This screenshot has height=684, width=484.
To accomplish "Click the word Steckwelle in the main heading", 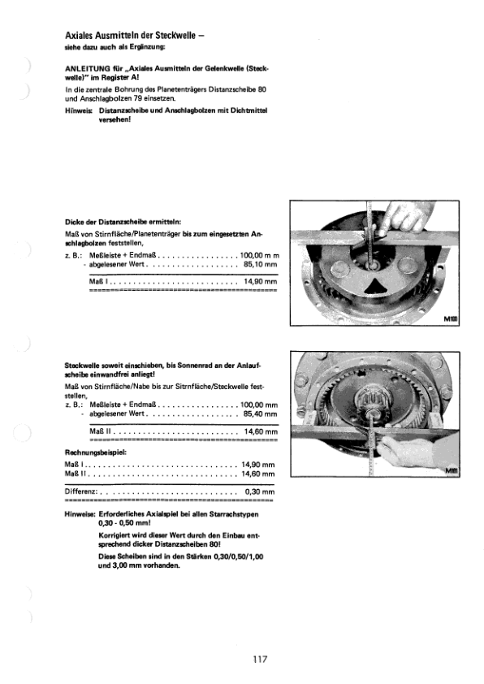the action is (x=167, y=35).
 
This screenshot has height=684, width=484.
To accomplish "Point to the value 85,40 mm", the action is (x=260, y=413).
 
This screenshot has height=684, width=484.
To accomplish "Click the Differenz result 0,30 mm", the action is (x=261, y=491).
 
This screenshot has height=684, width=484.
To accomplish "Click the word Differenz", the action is (x=80, y=491).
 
